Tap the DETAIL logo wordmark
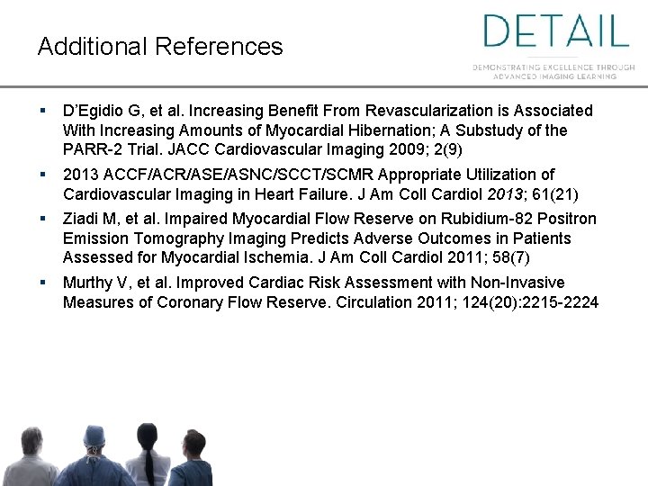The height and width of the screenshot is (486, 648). [x=555, y=31]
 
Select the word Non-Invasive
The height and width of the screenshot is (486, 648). [x=517, y=283]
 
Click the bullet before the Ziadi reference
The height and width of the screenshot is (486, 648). [x=43, y=219]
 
